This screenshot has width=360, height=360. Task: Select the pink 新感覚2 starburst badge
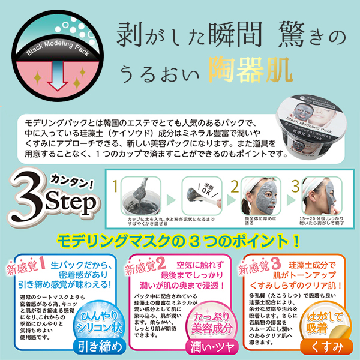143,265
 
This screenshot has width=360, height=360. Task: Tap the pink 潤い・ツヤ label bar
207,347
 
